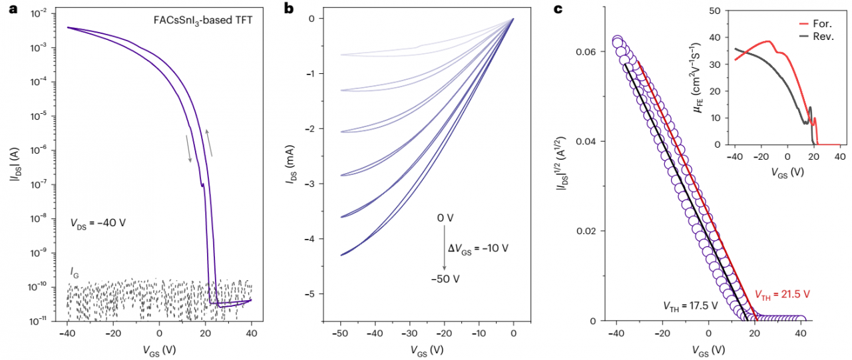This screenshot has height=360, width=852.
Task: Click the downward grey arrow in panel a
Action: coord(189,148)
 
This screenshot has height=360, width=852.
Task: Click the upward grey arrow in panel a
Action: coord(210,142)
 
